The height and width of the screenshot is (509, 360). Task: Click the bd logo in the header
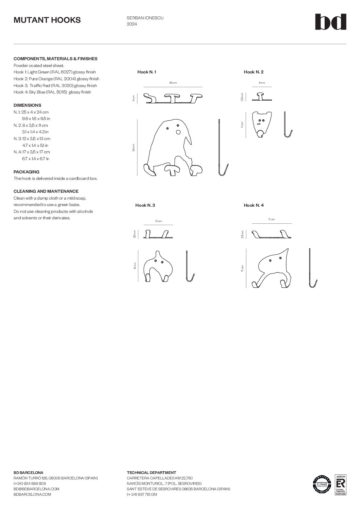coord(330,22)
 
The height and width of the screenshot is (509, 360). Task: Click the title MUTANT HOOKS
coord(47,20)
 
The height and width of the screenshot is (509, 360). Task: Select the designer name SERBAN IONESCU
coord(145,18)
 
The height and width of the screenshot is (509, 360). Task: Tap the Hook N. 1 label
coord(147,72)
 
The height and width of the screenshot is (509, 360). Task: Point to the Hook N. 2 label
coord(253,72)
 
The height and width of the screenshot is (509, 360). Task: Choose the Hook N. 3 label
coord(145,205)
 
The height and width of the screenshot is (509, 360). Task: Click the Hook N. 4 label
coord(253,205)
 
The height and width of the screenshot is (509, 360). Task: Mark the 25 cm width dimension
coord(173,83)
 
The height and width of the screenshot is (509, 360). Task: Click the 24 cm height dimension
coord(134,147)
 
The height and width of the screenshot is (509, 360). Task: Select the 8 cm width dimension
coord(262,83)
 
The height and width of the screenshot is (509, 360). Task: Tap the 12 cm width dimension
coord(158,221)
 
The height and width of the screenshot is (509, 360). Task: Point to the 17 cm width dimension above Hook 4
coord(271,220)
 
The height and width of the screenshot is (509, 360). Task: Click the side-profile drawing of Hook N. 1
coord(222,148)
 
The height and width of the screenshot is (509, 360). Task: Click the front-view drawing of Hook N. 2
coord(261,124)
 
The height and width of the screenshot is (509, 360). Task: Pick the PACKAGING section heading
coord(27,172)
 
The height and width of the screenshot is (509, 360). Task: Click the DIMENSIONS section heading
coord(27,105)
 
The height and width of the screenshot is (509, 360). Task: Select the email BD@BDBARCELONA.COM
coord(36,489)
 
